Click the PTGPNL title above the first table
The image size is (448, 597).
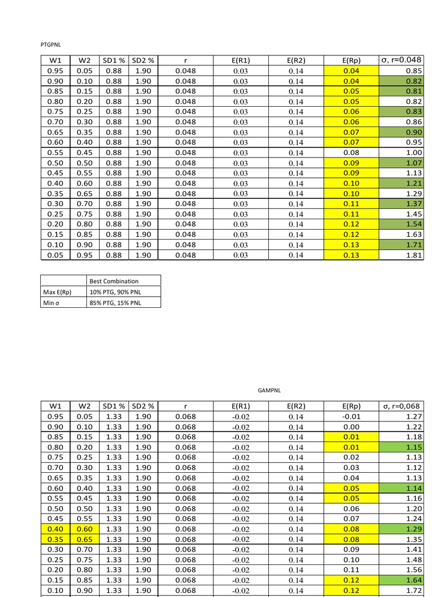pyautogui.click(x=50, y=44)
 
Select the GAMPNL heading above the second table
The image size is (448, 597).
pyautogui.click(x=269, y=390)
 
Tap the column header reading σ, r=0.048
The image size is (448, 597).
pyautogui.click(x=401, y=61)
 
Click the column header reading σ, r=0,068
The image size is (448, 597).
pyautogui.click(x=401, y=406)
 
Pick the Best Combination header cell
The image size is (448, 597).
pyautogui.click(x=114, y=281)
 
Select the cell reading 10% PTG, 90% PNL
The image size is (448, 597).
pyautogui.click(x=114, y=292)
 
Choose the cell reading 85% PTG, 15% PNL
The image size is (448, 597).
pyautogui.click(x=114, y=303)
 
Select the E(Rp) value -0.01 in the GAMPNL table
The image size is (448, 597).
pyautogui.click(x=352, y=417)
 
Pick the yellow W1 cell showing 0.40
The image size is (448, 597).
pyautogui.click(x=55, y=529)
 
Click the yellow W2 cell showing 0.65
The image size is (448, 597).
pyautogui.click(x=85, y=539)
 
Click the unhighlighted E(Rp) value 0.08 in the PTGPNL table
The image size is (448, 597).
pyautogui.click(x=352, y=153)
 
